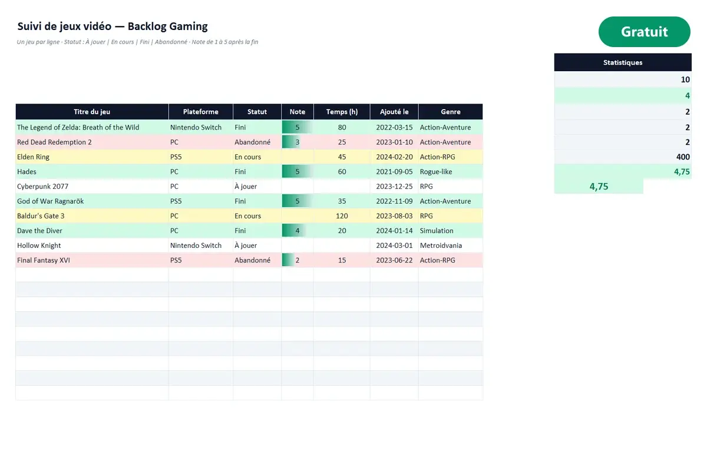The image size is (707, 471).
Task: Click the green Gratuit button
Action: tap(644, 32)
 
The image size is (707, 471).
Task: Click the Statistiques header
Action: tap(623, 62)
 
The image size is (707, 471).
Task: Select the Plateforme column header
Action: tap(201, 112)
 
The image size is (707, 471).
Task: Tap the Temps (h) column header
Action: tap(342, 112)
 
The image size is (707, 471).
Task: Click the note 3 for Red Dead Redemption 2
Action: tap(298, 142)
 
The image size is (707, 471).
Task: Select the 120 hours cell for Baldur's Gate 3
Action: tap(342, 216)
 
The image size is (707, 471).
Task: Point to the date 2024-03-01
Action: tap(394, 246)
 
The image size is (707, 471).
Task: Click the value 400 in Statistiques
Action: tap(683, 157)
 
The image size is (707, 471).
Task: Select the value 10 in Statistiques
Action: tap(685, 79)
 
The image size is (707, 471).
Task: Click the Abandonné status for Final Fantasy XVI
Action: tap(252, 260)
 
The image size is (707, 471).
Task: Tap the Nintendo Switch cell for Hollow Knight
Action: tap(196, 246)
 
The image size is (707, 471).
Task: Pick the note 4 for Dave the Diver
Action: tap(298, 231)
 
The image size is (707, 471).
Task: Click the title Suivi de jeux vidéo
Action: tap(64, 26)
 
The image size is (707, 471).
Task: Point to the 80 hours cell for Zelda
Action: tap(342, 127)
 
